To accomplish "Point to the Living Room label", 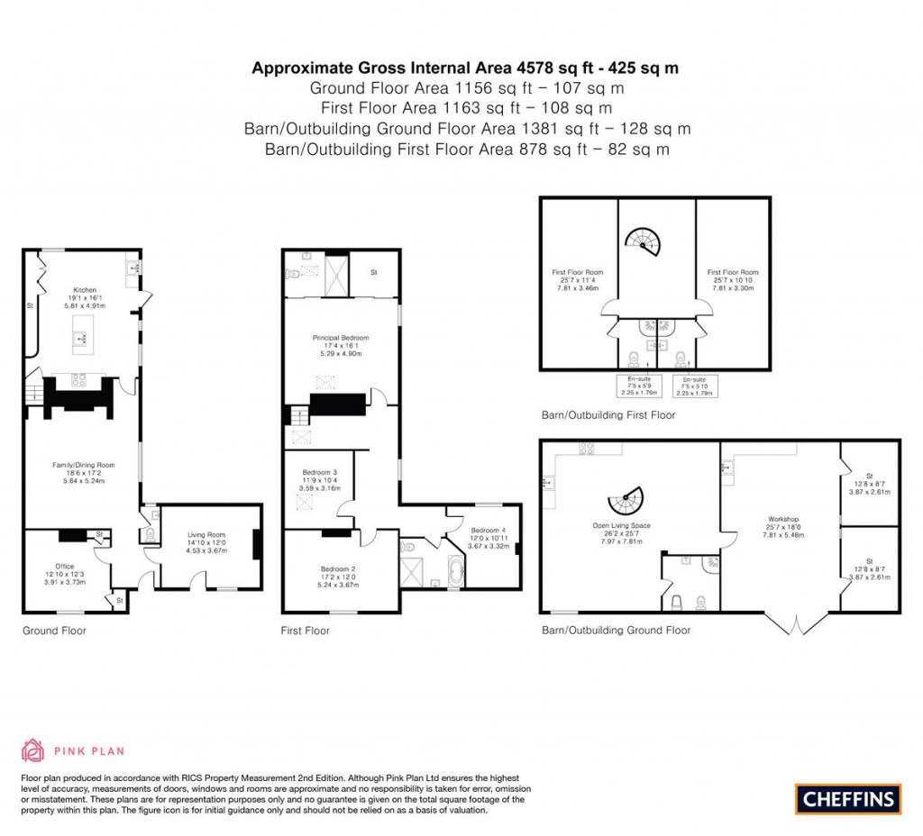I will (x=206, y=534).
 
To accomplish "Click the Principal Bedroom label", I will (x=342, y=338).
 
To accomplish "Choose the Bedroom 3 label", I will (x=320, y=473).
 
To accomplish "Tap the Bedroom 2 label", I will (x=339, y=568).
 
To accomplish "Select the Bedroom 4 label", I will (x=488, y=530).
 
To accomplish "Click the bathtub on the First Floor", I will (x=452, y=572).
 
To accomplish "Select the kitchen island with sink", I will (x=80, y=338).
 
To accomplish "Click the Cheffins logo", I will (x=847, y=798).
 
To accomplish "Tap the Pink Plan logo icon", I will (x=32, y=750).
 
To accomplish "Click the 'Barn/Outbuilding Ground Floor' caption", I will (x=616, y=631).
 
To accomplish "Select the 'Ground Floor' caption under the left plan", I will (x=54, y=631).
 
